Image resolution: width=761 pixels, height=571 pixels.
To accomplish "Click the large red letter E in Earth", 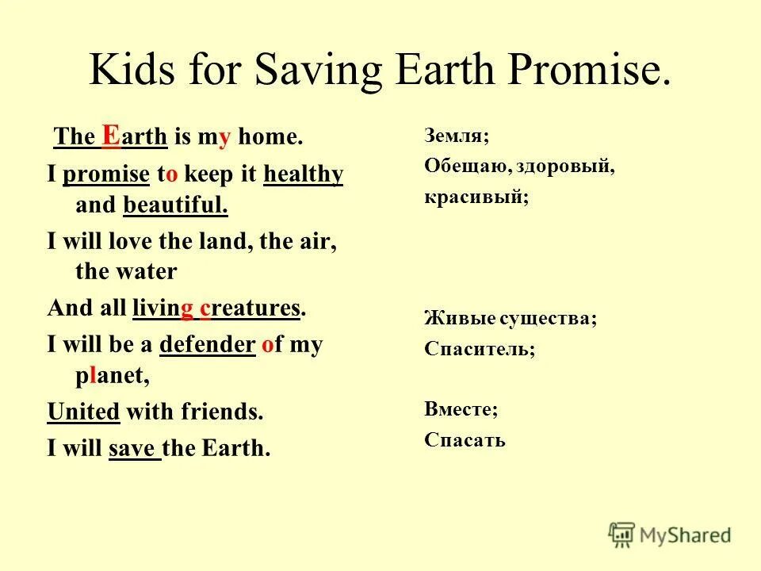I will point(112,136).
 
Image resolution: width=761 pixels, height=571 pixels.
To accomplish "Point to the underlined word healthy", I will point(304,174).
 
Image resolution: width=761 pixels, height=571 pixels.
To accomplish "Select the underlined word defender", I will point(208,345).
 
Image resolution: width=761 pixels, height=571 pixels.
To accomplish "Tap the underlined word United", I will point(84,412).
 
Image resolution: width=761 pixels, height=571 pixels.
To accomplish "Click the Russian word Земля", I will point(456,136).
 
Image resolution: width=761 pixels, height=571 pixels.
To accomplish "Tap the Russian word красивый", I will point(476,197).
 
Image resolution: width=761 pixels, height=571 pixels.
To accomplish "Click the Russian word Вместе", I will point(461,409).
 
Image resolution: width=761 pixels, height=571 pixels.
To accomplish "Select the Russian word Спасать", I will point(465,440).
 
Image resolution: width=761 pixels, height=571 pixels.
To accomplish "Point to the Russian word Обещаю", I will point(461,167).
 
